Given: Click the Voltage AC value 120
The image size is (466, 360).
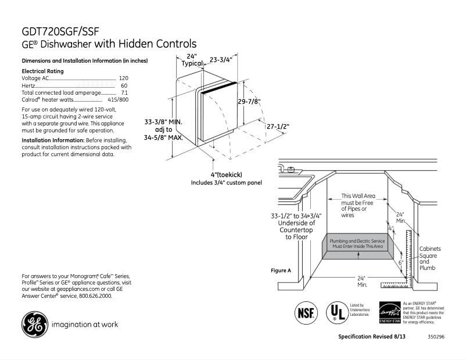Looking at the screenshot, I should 123,78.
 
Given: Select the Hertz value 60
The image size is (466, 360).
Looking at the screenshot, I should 124,85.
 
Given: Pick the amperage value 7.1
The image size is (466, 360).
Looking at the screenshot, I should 124,92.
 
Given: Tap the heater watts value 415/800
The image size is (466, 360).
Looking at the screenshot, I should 118,100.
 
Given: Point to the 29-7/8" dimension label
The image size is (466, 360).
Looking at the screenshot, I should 249,101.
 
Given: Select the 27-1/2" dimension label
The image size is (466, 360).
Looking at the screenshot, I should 278,126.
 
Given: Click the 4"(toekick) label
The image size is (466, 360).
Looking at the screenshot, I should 226,175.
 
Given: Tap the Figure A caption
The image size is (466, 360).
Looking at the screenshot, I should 281,271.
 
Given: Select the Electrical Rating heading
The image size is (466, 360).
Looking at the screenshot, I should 42,71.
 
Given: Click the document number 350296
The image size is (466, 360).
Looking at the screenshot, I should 435,337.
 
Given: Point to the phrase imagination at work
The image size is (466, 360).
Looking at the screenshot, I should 85,325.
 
